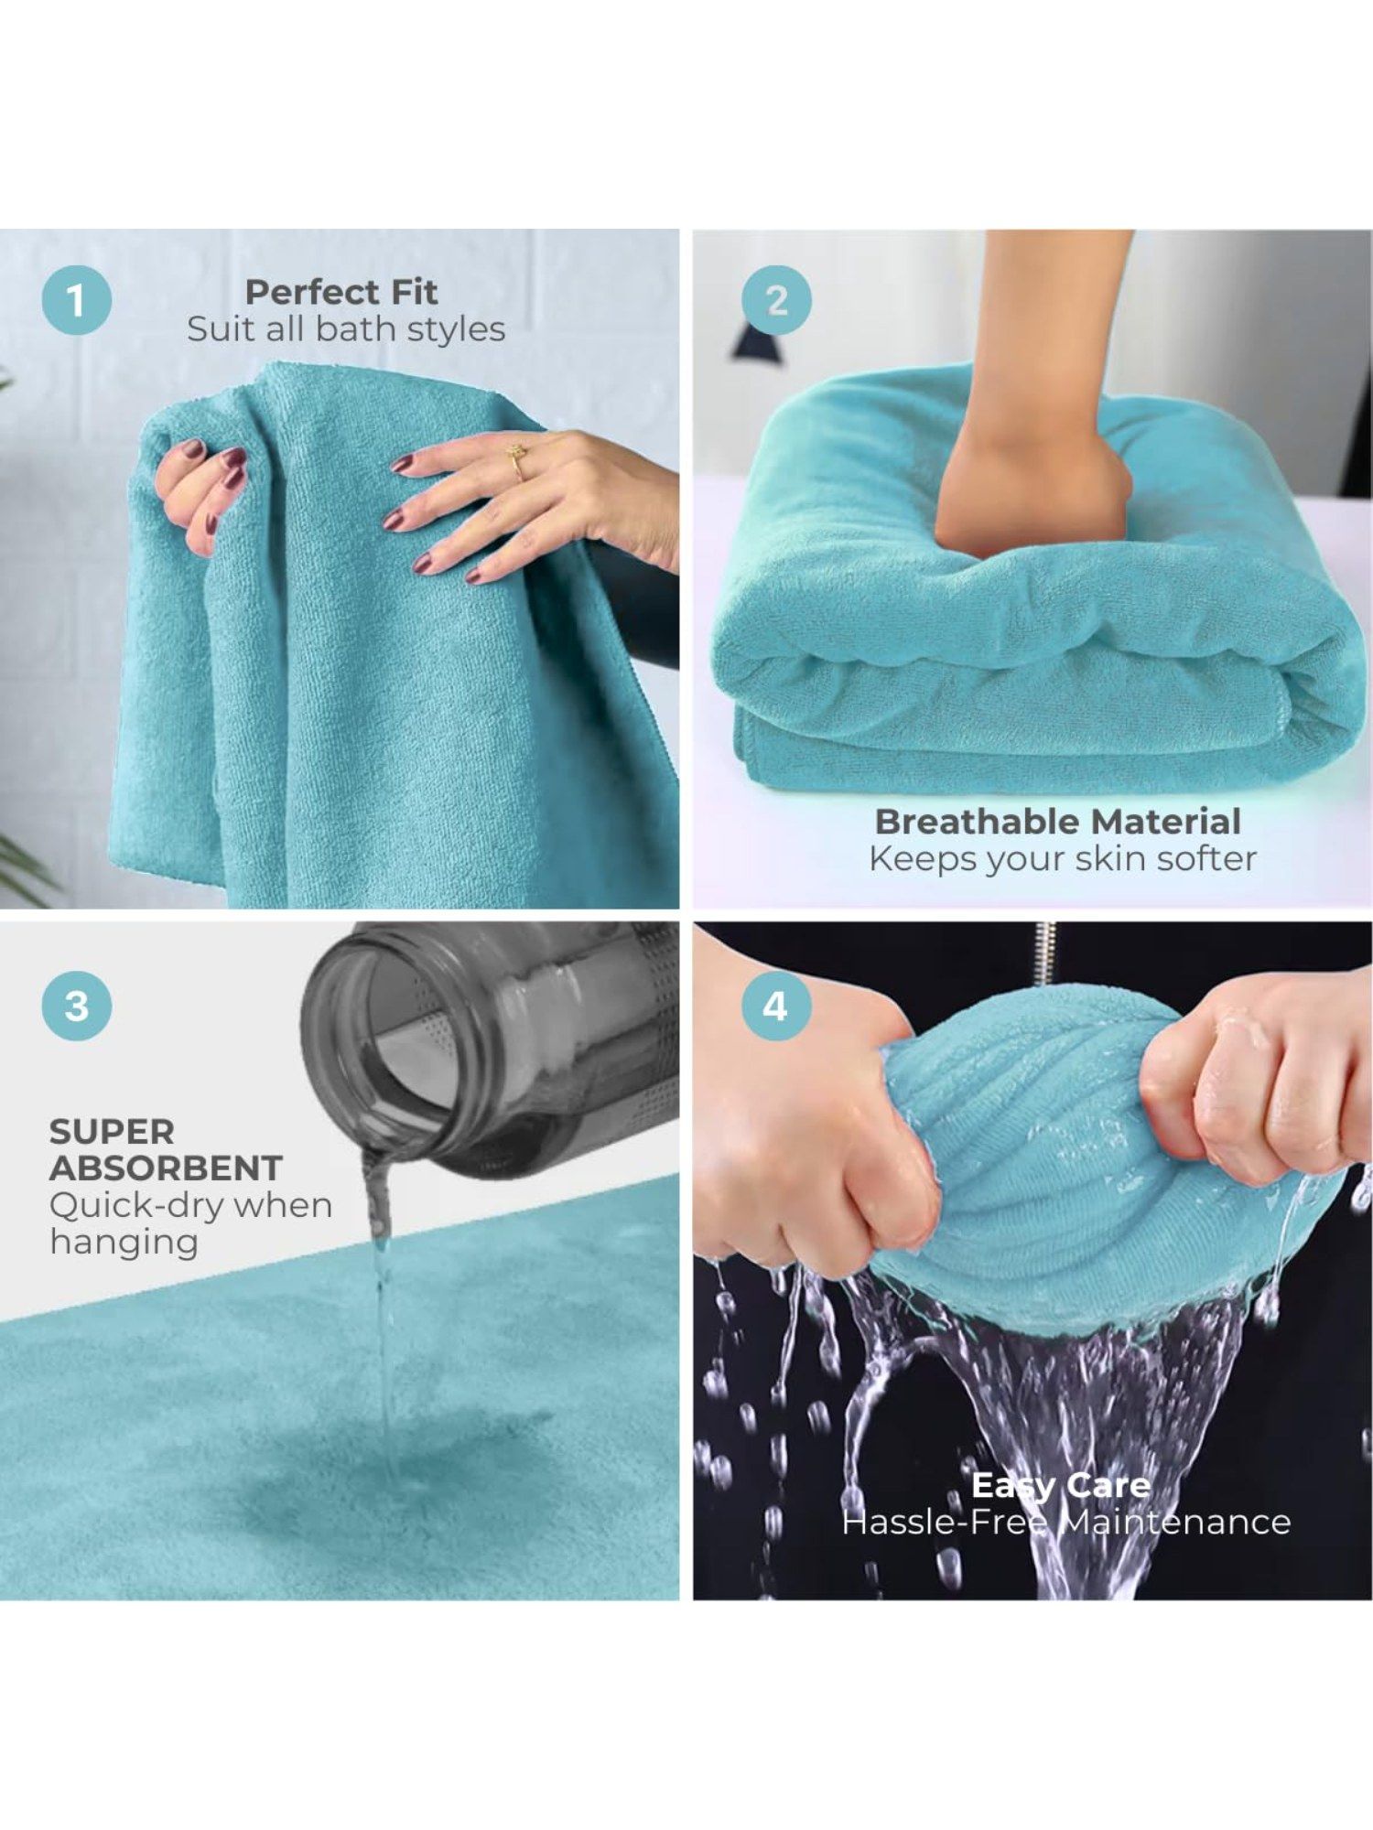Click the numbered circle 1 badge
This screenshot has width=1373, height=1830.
77,300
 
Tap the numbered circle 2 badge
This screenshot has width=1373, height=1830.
776,300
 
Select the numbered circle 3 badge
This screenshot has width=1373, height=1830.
77,1006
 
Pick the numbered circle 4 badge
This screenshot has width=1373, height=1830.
775,1006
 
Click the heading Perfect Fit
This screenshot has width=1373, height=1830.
341,292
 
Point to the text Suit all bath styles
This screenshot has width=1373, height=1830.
346,329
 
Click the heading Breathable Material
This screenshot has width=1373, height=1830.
1058,821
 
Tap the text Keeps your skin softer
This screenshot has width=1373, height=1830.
1063,858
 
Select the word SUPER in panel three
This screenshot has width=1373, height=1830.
112,1132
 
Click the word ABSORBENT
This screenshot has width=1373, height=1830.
166,1168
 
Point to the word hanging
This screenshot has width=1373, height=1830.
124,1243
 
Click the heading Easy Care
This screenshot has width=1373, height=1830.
1061,1484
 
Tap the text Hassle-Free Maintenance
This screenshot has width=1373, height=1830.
1066,1522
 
